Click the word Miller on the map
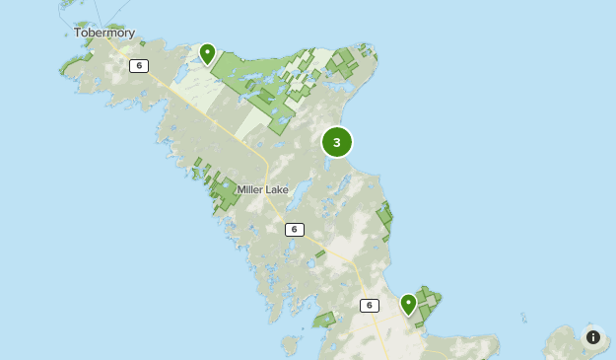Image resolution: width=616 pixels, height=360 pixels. click(250, 189)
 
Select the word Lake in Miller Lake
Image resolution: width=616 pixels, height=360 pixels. click(277, 189)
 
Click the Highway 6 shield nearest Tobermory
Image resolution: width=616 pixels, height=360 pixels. click(138, 66)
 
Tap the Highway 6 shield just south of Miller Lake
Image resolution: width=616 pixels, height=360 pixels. click(294, 229)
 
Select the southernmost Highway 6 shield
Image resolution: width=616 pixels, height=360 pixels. click(369, 305)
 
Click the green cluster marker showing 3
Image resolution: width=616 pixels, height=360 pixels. click(337, 142)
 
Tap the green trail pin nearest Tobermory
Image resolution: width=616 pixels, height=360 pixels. click(207, 52)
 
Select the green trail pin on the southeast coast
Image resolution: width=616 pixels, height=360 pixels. click(408, 303)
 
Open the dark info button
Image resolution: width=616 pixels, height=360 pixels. click(592, 337)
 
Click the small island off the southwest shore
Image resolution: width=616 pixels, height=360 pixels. click(289, 345)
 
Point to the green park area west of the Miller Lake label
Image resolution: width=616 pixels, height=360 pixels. click(225, 193)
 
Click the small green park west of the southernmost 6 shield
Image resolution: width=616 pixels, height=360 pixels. click(324, 320)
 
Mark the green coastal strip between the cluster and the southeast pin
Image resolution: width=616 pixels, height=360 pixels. click(384, 222)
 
